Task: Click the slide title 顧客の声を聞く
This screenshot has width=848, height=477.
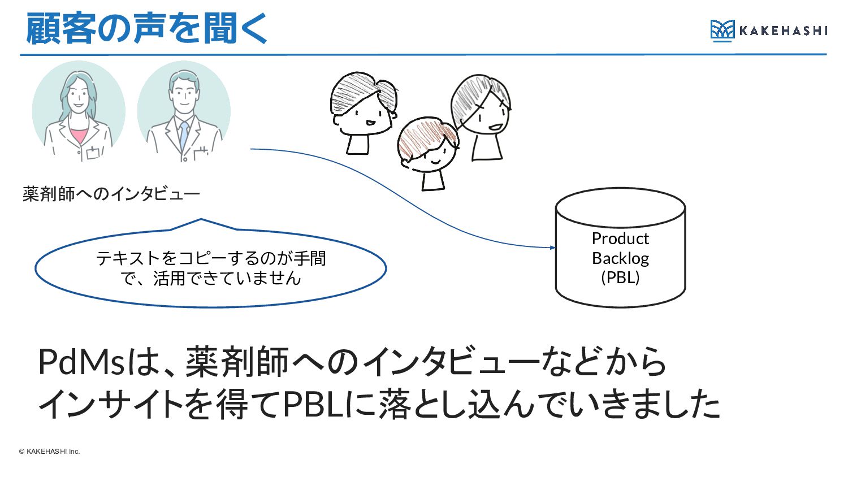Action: click(x=146, y=28)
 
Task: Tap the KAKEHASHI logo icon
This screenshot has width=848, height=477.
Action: click(x=722, y=31)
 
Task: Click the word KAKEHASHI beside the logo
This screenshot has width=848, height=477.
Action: click(x=783, y=31)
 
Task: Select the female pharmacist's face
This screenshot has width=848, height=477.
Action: click(x=79, y=97)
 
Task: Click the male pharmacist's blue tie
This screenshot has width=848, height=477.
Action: click(x=184, y=136)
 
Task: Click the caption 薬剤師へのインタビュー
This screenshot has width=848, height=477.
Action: click(x=111, y=194)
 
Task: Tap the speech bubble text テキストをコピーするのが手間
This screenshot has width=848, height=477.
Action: click(x=211, y=258)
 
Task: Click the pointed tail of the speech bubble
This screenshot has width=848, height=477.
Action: click(x=201, y=219)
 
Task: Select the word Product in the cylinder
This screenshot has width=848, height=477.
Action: click(x=620, y=239)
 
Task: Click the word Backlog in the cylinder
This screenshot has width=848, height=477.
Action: click(x=620, y=259)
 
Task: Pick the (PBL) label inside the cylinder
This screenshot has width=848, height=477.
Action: click(x=620, y=277)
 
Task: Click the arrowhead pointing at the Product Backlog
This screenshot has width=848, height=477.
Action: click(x=553, y=248)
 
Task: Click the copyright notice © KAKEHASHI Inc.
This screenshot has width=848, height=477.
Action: click(x=49, y=451)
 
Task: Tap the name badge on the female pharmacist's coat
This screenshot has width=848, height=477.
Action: click(x=93, y=153)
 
